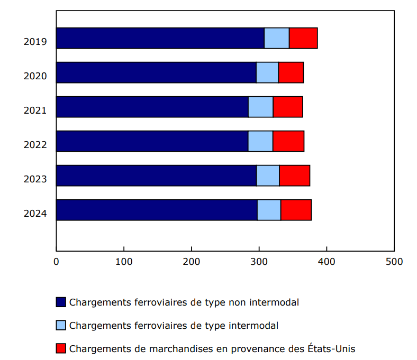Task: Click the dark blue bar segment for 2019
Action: pos(160,38)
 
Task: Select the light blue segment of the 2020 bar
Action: pos(267,72)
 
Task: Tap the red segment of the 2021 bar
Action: pos(288,107)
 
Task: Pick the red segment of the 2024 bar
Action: pos(296,210)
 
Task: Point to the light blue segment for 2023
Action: pos(268,176)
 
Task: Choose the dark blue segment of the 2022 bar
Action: pos(152,141)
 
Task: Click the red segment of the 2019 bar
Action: pos(303,38)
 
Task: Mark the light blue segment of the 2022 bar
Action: pos(260,141)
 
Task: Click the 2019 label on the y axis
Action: pos(35,42)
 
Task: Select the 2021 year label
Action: pos(35,110)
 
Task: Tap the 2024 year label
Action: pos(35,214)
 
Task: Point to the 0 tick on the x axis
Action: pos(56,261)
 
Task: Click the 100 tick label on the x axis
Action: pos(124,261)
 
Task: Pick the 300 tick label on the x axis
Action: pos(259,261)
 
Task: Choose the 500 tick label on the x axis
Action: pos(394,261)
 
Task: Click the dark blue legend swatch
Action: pos(61,302)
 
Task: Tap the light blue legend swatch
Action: pos(61,326)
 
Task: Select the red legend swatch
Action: pos(61,349)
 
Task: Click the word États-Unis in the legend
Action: pos(331,349)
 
